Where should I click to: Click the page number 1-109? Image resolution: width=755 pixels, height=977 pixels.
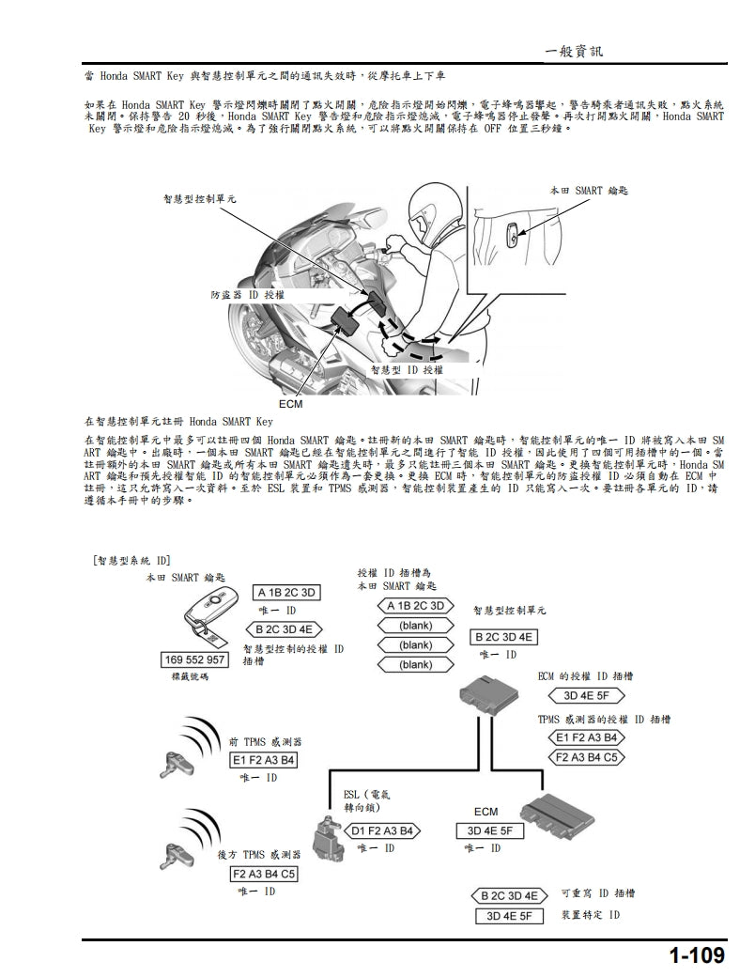697,955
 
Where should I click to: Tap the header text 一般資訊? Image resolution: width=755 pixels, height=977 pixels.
574,52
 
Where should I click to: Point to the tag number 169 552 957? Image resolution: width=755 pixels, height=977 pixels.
195,659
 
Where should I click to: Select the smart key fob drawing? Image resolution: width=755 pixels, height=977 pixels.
212,614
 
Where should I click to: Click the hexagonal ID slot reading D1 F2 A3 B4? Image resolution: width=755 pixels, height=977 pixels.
383,830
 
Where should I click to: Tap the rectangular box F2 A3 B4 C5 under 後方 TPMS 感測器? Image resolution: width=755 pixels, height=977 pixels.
264,874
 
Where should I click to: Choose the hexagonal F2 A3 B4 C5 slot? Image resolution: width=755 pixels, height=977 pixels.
587,756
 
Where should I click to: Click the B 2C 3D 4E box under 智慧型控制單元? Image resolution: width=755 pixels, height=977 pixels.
503,637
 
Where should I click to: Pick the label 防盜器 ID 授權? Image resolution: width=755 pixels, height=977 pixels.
248,295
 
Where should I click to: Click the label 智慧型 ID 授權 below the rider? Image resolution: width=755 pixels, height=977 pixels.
406,370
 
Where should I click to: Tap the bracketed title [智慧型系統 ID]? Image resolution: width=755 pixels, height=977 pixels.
132,561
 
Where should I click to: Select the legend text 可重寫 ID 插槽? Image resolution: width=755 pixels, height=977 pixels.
597,893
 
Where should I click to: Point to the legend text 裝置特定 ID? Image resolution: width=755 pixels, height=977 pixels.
591,914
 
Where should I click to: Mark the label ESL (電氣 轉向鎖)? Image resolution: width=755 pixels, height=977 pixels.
367,799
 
